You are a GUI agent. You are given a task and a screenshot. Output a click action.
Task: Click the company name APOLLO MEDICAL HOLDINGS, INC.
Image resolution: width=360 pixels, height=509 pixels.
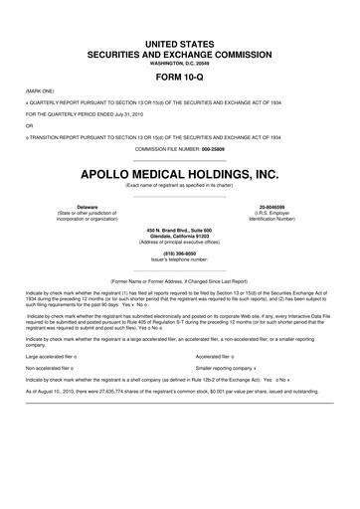pyautogui.click(x=179, y=173)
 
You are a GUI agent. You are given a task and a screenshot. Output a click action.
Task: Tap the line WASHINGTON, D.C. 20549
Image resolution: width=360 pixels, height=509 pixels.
pyautogui.click(x=179, y=62)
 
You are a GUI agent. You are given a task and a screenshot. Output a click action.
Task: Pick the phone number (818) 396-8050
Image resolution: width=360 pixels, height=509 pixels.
pyautogui.click(x=179, y=252)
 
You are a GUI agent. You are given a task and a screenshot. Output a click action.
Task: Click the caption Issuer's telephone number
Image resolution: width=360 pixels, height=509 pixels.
pyautogui.click(x=179, y=257)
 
